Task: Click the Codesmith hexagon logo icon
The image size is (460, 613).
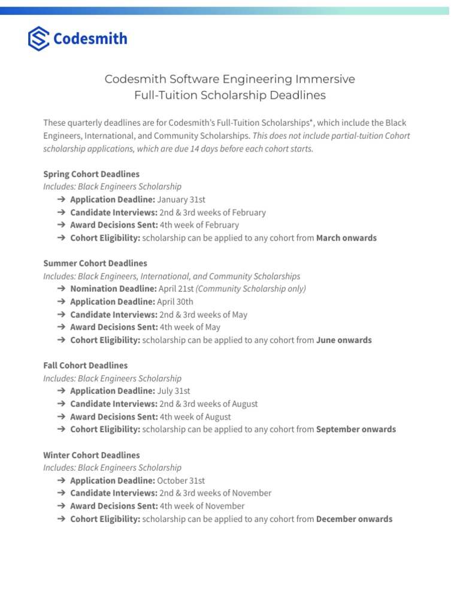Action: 39,38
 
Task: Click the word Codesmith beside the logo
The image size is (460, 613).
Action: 90,39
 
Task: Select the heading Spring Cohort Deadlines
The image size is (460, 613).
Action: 91,174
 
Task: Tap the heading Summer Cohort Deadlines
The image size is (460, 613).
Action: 95,263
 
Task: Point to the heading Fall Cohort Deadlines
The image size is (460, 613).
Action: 85,365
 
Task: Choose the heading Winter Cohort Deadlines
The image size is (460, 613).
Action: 92,455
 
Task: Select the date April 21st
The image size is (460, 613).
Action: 176,289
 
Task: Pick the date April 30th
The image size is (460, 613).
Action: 175,302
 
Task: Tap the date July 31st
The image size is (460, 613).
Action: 174,391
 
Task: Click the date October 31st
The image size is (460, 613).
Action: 181,481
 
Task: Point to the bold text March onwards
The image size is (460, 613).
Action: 346,238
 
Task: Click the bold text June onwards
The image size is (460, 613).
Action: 344,340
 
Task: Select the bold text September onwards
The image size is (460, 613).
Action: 356,429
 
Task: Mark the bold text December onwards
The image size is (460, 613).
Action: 354,519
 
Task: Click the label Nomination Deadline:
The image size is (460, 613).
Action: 113,289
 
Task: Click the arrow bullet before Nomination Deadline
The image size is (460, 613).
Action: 62,289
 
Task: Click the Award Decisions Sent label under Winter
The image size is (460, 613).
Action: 114,506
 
